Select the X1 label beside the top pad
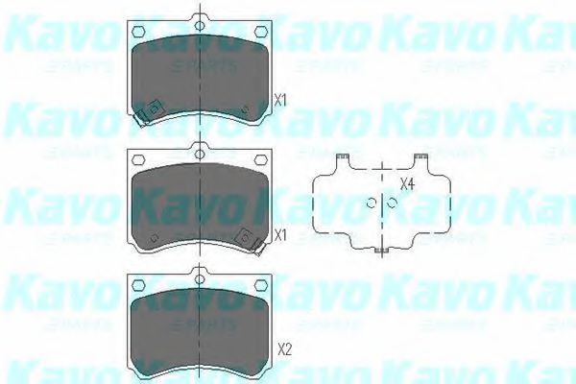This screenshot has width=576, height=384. point(280,98)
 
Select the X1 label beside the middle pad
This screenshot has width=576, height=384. point(280,235)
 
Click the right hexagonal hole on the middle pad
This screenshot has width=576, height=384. point(259,159)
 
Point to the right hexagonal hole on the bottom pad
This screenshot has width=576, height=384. point(259,283)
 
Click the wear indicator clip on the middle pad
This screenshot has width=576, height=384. point(251,240)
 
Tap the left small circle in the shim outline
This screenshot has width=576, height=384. point(372,202)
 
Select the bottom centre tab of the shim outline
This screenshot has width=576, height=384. point(382,251)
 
